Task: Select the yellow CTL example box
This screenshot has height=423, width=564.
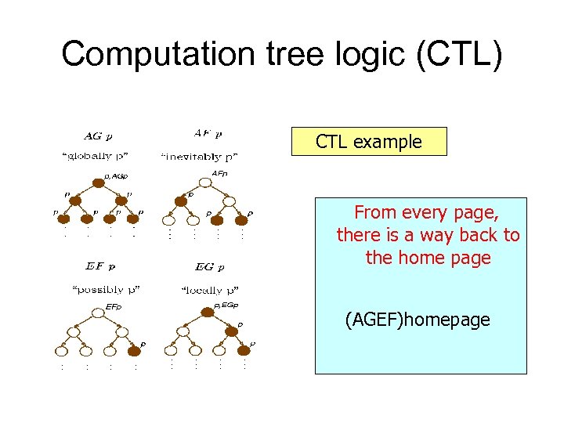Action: pos(368,142)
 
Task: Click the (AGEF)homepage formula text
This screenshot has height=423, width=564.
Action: pos(417,320)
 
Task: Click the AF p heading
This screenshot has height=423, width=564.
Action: pos(207,133)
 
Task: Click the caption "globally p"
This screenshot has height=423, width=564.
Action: pos(95,157)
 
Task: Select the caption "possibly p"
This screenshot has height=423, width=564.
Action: pos(105,290)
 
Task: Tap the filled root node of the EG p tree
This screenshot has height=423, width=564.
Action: pos(207,313)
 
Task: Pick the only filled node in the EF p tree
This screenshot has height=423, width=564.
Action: pos(135,352)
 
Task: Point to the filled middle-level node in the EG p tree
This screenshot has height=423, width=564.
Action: pos(231,331)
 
